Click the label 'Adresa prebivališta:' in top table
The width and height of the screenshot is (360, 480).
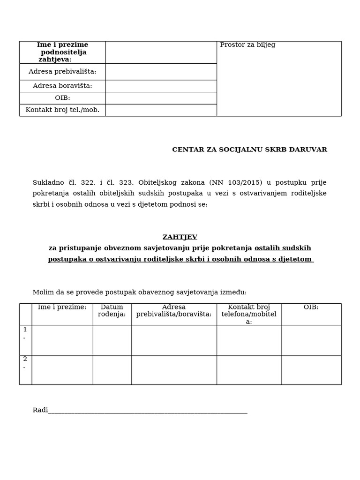(62, 72)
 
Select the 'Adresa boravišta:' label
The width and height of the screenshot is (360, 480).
(62, 86)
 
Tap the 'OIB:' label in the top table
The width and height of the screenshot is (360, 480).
(62, 98)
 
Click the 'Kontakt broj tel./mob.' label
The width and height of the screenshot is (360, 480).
(62, 110)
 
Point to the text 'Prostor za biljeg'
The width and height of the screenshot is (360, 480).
(247, 45)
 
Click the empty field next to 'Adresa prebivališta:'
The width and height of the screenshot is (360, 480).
(161, 72)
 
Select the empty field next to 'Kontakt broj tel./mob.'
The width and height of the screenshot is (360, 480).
(161, 110)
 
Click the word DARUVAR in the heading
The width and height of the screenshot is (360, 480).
(309, 150)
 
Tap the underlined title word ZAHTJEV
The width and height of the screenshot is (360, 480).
(180, 237)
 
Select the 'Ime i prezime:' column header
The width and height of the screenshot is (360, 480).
(62, 307)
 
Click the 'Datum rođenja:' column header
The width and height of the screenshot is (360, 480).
(112, 311)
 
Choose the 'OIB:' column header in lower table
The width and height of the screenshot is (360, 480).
(311, 307)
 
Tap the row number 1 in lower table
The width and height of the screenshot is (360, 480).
(25, 330)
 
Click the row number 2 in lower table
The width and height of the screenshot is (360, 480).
(25, 359)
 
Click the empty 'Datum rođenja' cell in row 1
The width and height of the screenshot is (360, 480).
(112, 340)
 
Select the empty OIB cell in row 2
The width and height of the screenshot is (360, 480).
(311, 370)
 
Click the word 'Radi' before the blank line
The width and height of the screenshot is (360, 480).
(40, 410)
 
